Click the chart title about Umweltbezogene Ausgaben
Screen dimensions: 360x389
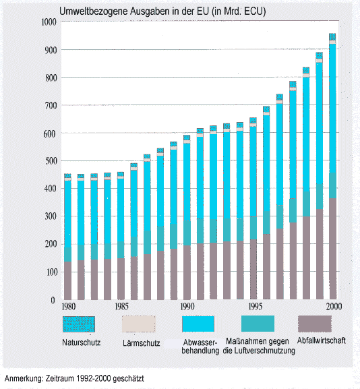coord(162,11)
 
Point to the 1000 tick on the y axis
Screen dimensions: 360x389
coord(49,22)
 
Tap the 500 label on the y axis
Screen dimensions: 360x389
coord(51,160)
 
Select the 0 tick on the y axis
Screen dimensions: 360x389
coord(53,301)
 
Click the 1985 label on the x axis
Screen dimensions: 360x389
coord(121,307)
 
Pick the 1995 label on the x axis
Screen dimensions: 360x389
coord(256,307)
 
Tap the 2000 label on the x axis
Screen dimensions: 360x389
coord(334,307)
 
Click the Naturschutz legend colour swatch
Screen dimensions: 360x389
coord(79,324)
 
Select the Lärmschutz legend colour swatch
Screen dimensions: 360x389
coord(139,324)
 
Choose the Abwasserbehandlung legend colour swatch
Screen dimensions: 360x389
coord(198,324)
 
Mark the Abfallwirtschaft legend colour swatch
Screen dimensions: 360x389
coord(315,324)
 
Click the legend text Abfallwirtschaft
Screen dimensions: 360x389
coord(322,340)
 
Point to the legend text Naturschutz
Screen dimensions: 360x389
coord(82,342)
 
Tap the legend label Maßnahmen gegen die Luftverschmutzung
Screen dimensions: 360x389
coord(258,346)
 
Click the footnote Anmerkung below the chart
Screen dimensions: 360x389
coord(74,379)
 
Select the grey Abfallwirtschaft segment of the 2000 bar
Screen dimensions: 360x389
coord(333,249)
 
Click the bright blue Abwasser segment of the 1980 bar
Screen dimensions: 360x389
coord(67,214)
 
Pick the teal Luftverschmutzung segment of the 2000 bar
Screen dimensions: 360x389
coord(333,185)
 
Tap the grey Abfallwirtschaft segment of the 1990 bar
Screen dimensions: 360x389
coord(187,272)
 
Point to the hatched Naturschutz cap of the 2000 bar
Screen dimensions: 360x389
coord(332,36)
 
